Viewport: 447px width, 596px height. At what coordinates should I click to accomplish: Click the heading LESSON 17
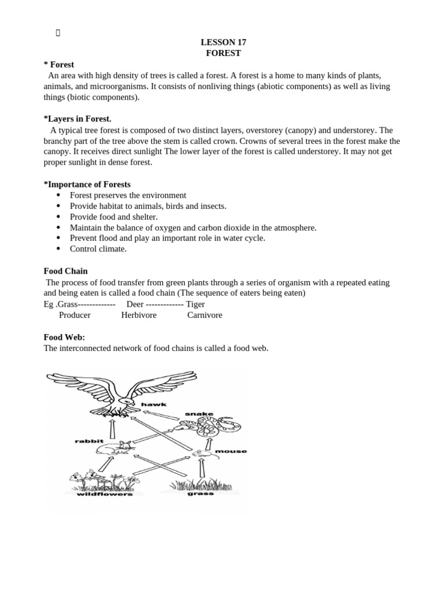223,42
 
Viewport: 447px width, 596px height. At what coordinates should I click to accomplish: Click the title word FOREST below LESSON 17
223,53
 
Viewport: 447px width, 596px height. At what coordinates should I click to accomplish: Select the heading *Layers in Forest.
77,119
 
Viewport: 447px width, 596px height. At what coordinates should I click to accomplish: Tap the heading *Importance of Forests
87,185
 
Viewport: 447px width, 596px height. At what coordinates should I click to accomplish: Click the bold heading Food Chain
66,271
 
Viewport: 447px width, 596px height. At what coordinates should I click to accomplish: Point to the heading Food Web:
64,337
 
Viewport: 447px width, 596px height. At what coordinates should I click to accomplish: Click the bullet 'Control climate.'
98,249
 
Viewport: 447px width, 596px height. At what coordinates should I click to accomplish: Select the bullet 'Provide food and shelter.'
113,217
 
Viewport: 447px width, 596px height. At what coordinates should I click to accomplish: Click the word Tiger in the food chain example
195,304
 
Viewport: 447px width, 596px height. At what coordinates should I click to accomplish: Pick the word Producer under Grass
74,315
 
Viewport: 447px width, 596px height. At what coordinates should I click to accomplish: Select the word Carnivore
204,315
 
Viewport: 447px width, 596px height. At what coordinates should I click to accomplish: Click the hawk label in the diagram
154,404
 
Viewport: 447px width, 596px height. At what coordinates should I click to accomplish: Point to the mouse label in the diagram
230,451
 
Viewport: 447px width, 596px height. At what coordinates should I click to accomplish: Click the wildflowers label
105,494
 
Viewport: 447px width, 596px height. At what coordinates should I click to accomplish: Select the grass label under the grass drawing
200,494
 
